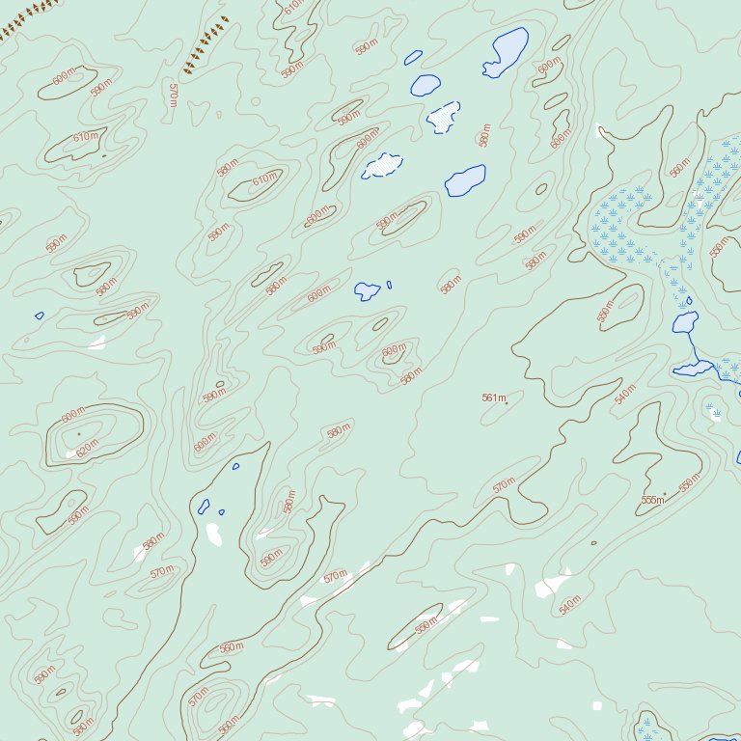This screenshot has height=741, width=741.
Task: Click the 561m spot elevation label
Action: (493, 398)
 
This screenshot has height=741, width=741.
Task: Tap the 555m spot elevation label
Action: (652, 500)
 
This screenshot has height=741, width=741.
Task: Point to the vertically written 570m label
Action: (173, 94)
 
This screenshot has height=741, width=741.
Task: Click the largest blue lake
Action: (507, 52)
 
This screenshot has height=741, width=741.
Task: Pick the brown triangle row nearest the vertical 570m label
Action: (206, 45)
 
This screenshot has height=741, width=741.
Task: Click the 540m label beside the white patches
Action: (570, 605)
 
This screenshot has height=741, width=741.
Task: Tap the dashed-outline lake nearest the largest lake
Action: (443, 117)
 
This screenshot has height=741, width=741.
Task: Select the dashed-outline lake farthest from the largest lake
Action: (382, 165)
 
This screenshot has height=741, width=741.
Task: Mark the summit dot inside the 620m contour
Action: (79, 434)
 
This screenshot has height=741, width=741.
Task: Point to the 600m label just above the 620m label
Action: (73, 417)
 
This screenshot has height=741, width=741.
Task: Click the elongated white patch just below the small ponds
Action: (213, 534)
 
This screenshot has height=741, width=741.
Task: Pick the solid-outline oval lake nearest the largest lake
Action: (425, 85)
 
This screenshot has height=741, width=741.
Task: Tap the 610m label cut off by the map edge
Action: (294, 6)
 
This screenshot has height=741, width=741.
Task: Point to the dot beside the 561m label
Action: (507, 402)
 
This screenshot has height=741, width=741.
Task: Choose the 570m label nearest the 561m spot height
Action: (504, 485)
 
